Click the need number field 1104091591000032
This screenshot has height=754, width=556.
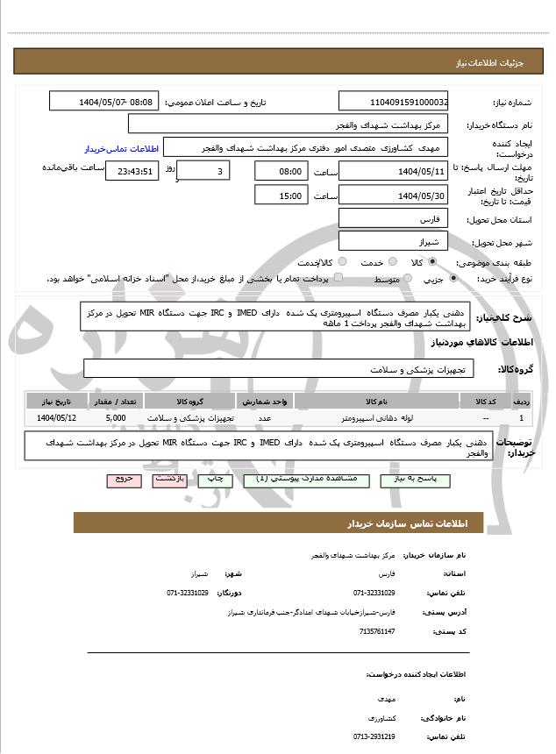point(392,102)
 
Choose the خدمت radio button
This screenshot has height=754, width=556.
point(392,262)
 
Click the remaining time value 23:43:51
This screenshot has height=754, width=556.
point(132,172)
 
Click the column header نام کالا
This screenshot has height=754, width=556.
point(376,402)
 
